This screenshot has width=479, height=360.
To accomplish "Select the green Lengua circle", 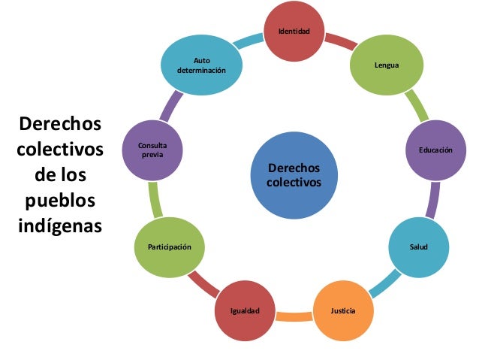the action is [x=386, y=66].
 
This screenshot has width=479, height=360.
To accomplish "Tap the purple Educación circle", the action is [x=435, y=150].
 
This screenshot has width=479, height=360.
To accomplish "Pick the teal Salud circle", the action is [x=417, y=247].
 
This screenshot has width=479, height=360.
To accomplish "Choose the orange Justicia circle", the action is [x=342, y=310].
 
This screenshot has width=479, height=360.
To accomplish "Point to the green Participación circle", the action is [x=168, y=247].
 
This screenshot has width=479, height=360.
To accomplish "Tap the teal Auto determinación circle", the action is [x=200, y=65].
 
